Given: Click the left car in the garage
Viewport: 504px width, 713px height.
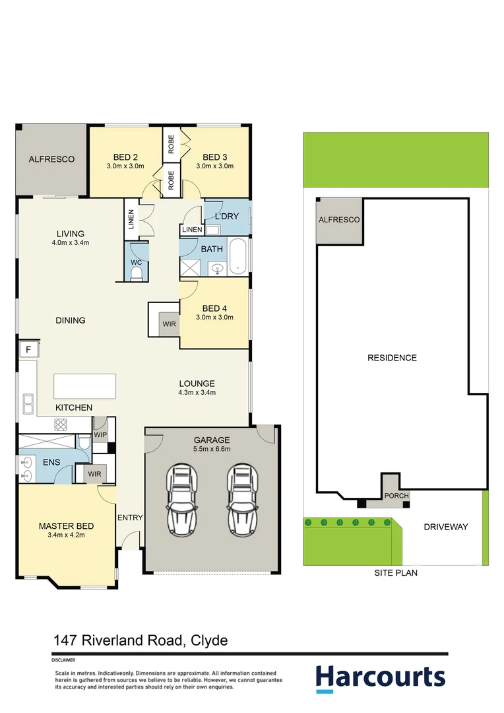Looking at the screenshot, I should click(183, 500).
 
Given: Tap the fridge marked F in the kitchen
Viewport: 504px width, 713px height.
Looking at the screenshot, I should click(28, 349).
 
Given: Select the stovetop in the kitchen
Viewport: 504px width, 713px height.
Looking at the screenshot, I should click(62, 424).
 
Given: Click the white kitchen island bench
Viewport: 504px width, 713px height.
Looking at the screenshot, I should click(84, 386).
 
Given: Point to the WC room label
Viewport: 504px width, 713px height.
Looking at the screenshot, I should click(137, 263).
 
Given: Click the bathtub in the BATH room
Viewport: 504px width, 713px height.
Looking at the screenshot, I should click(238, 258).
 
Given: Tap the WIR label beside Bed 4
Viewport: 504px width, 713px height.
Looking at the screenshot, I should click(170, 324).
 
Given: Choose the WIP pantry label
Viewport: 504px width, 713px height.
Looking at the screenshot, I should click(100, 436).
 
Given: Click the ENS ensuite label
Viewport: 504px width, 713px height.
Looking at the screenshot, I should click(51, 462).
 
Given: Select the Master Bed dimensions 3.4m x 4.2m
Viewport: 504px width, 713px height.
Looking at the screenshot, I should click(66, 535).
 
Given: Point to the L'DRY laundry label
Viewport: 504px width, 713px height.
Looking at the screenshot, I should click(227, 217).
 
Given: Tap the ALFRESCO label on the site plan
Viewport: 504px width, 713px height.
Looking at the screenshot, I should click(339, 220).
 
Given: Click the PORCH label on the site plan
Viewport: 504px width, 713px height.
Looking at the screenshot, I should click(396, 496).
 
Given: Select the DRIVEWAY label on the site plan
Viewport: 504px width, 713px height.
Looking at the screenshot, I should click(445, 527).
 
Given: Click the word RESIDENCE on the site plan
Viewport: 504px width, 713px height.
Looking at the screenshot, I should click(392, 358).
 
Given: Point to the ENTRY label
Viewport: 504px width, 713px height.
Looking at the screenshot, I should click(130, 518).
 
